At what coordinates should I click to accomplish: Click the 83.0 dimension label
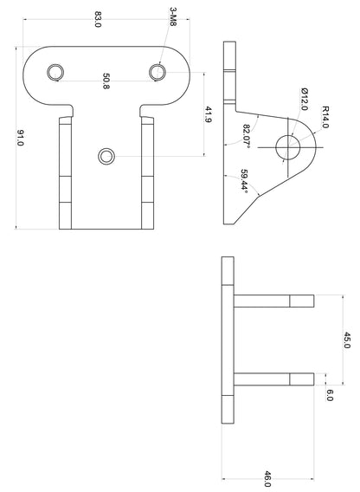pyautogui.click(x=98, y=19)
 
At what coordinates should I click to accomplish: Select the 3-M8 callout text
pyautogui.click(x=173, y=17)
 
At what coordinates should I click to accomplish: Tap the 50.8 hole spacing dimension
pyautogui.click(x=106, y=81)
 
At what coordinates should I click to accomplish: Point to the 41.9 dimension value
pyautogui.click(x=209, y=115)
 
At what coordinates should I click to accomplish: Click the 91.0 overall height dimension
pyautogui.click(x=20, y=138)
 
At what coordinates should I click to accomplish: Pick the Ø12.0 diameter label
pyautogui.click(x=304, y=99)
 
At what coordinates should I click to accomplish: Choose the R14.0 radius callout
pyautogui.click(x=325, y=117)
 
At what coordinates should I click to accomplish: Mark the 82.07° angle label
pyautogui.click(x=247, y=136)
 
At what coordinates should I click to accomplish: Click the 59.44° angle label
pyautogui.click(x=245, y=181)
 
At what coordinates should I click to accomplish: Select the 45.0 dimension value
pyautogui.click(x=346, y=340)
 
